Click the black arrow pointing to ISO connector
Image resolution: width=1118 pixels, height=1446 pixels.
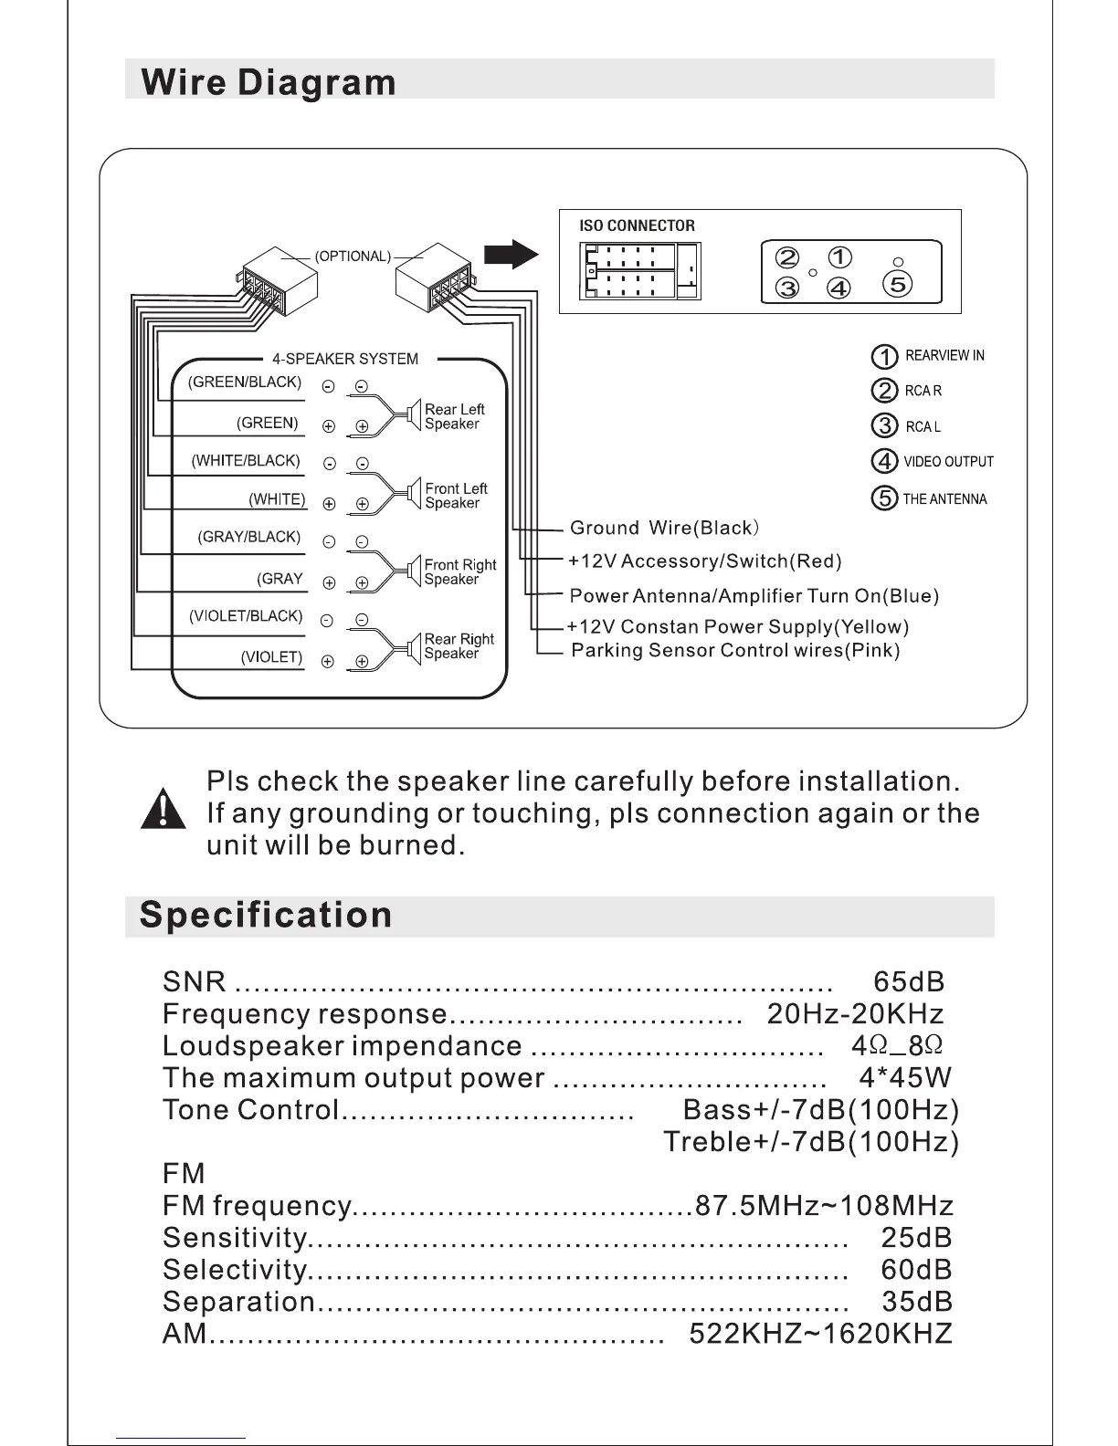pos(512,254)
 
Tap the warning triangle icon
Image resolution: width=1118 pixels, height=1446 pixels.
pos(163,809)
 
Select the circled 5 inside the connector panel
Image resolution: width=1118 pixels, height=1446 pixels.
pos(898,284)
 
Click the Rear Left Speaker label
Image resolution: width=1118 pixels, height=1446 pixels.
pos(454,416)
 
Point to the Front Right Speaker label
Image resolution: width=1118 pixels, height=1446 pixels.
pos(459,572)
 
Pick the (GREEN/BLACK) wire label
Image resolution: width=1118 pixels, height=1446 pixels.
pos(245,382)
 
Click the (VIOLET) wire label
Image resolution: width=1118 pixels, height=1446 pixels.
pos(271,657)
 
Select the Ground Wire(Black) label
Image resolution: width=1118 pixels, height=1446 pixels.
pos(664,529)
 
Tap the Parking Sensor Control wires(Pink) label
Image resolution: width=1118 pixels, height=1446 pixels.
pos(735,651)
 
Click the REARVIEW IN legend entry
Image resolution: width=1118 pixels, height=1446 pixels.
pos(944,356)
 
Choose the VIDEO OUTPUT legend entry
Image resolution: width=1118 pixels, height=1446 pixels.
pos(948,462)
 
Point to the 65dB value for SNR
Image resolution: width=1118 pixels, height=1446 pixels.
pos(909,982)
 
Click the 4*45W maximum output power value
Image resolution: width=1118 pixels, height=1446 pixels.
pos(905,1078)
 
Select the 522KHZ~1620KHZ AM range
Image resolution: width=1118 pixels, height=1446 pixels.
pos(820,1334)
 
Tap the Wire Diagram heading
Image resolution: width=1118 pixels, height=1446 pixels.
pos(269,82)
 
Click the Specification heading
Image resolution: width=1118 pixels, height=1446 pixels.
pos(266,915)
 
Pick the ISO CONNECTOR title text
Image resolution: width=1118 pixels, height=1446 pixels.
pos(637,225)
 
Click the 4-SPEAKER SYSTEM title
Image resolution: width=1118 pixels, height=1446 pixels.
pos(345,359)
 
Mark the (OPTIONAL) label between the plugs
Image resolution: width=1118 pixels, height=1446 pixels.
pos(353,257)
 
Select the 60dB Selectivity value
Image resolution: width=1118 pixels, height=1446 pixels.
pos(916,1270)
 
